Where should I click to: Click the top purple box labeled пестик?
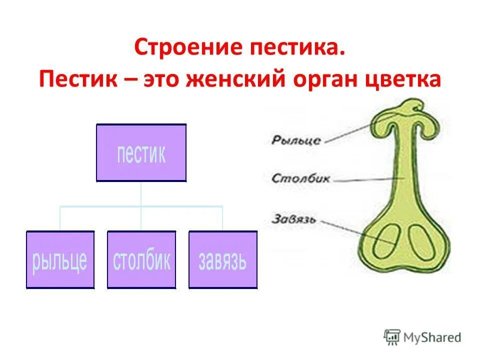141,152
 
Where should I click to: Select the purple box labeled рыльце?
60,259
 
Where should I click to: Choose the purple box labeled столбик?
141,259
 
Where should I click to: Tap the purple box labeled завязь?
222,259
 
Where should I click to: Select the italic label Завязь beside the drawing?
294,218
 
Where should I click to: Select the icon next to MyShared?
392,337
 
